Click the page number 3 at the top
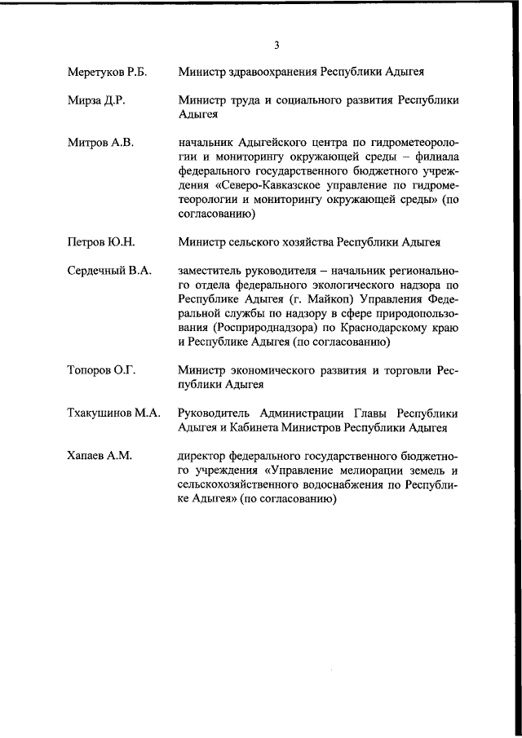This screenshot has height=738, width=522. tap(276, 44)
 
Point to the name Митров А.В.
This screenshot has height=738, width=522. tap(100, 143)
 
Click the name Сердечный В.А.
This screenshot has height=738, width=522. tap(109, 271)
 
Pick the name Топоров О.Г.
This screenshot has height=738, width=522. tap(101, 370)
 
